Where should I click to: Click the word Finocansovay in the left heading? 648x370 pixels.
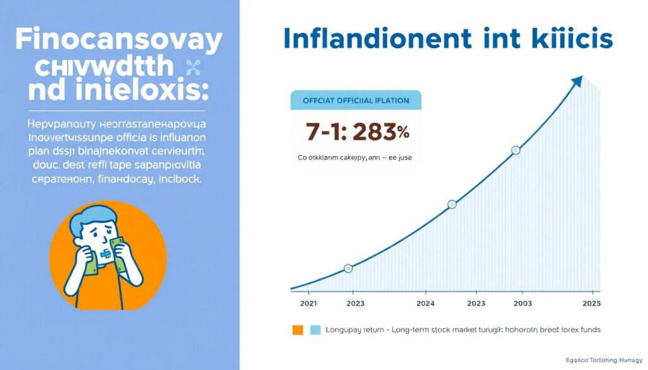(x=119, y=41)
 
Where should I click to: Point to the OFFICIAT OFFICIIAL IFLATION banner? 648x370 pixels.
(x=355, y=100)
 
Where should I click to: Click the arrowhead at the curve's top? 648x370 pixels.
(x=577, y=81)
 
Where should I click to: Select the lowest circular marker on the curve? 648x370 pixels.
(x=347, y=269)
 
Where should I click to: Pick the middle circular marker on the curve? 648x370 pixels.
(x=452, y=204)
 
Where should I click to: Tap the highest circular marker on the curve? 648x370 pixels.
(x=516, y=151)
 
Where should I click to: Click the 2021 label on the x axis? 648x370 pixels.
(x=308, y=303)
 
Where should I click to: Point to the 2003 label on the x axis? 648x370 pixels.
(x=521, y=303)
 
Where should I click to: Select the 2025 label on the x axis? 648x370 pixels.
(x=590, y=303)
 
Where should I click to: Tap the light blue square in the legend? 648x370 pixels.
(x=316, y=330)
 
